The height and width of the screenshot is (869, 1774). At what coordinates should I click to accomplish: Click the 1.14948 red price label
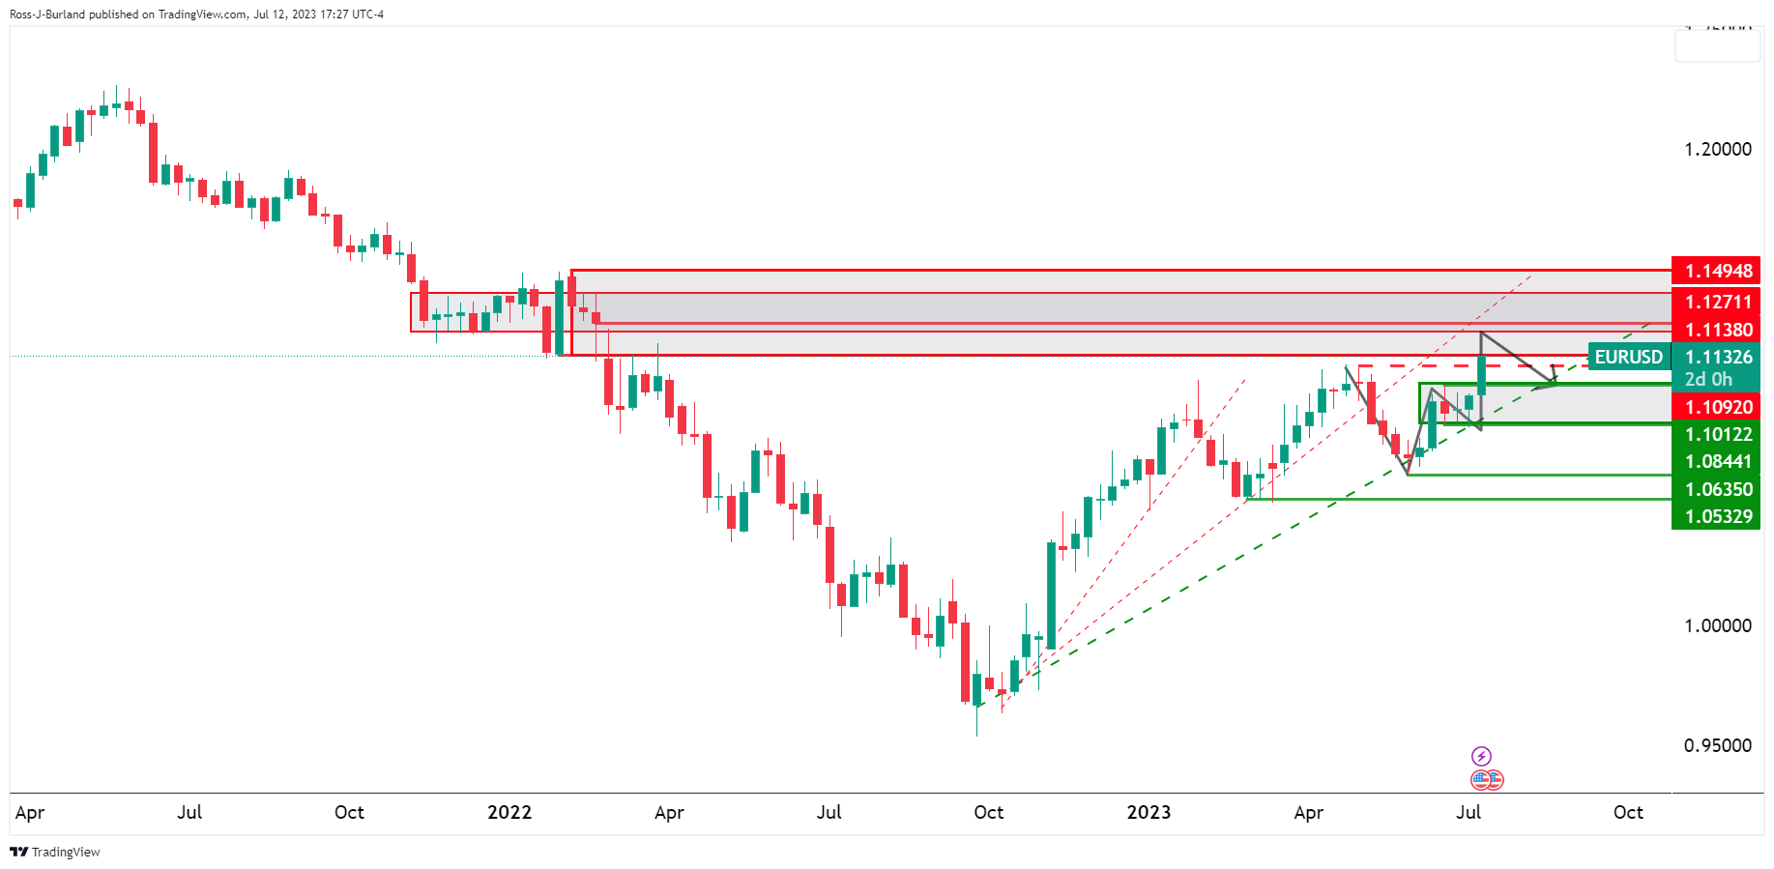[1717, 272]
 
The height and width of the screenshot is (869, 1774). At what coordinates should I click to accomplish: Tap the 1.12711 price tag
[1717, 302]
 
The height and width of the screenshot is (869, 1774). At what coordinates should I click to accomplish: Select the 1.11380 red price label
[1717, 330]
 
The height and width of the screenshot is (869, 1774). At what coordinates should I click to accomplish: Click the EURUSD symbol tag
[1629, 357]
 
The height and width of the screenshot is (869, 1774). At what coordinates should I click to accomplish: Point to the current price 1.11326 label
[1717, 357]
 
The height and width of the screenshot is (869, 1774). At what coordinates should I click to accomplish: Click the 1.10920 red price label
[1717, 407]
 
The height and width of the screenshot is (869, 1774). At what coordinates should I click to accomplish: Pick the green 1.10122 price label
[1717, 434]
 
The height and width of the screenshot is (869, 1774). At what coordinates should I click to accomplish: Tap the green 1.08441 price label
[1717, 461]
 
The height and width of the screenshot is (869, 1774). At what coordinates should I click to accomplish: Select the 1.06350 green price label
[1717, 489]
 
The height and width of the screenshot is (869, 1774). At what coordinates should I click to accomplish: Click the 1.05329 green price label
[1717, 516]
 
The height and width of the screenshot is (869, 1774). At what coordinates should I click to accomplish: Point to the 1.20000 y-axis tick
[1717, 149]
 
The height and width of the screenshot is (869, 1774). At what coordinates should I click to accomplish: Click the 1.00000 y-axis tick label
[1717, 625]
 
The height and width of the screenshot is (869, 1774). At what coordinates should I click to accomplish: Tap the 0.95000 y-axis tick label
[1717, 745]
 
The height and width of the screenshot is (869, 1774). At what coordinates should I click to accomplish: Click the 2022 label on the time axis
[509, 812]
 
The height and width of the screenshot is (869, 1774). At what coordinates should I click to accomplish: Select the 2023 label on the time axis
[1149, 812]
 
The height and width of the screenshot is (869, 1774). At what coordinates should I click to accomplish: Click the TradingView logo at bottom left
[55, 852]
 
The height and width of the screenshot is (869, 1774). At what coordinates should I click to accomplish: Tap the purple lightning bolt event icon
[1481, 756]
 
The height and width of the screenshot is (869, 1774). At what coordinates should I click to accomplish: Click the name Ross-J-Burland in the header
[47, 14]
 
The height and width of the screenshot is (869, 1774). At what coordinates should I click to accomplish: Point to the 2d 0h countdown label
[1708, 379]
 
